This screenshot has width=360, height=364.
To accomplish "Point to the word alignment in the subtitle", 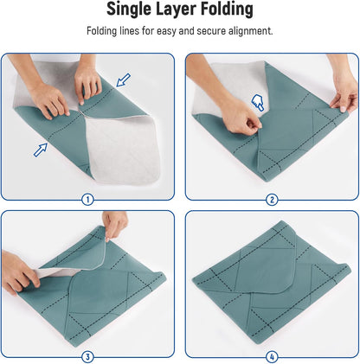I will [x=248, y=31].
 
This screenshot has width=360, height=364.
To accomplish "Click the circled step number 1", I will [x=87, y=199].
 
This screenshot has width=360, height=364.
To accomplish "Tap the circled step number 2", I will [x=272, y=199].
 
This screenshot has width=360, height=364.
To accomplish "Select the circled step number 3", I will [x=87, y=356].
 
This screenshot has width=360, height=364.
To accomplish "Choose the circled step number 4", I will [x=272, y=356].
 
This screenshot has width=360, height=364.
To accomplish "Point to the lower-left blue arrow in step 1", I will [x=41, y=149].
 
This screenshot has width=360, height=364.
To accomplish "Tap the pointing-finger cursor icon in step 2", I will [x=257, y=104].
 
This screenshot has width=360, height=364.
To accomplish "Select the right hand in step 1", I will [x=87, y=80].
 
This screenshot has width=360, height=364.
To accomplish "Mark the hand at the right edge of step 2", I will [x=344, y=86].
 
